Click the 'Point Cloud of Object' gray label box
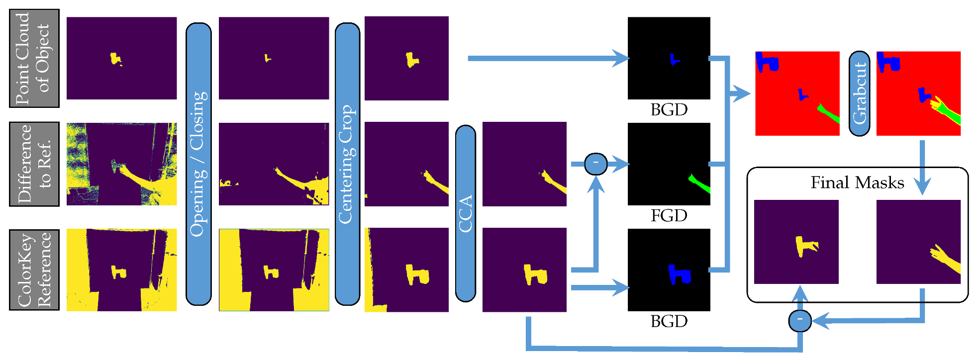click(34, 58)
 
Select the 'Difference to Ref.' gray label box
click(34, 164)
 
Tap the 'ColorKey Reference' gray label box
click(34, 270)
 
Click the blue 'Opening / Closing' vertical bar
click(198, 164)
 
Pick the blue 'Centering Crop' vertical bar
click(347, 164)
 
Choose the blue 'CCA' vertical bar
click(465, 214)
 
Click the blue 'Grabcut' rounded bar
click(859, 93)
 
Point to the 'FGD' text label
click(669, 215)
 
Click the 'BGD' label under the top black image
click(669, 109)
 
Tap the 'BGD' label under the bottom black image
click(669, 321)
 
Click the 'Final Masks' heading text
click(857, 182)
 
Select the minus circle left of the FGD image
click(595, 164)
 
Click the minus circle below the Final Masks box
click(800, 321)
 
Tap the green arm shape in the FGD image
click(698, 183)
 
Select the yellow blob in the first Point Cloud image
click(115, 59)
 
